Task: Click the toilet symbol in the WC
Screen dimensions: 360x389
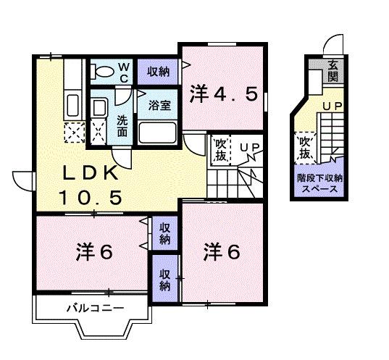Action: coord(103,71)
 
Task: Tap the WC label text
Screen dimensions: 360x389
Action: coord(123,71)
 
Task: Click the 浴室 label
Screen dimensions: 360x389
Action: coord(160,105)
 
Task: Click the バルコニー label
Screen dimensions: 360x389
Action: coord(95,309)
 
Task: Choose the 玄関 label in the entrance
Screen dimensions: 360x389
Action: coord(332,71)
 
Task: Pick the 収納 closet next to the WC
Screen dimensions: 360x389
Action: coord(159,71)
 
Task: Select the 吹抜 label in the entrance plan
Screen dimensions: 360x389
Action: coord(304,149)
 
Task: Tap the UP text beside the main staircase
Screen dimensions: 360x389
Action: coord(249,149)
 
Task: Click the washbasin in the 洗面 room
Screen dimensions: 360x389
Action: coord(99,108)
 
